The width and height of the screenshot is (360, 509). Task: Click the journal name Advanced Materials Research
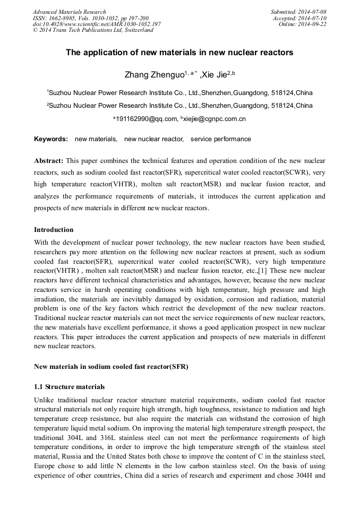70,12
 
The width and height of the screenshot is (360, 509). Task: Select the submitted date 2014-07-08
312,12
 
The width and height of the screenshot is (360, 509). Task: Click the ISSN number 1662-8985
61,18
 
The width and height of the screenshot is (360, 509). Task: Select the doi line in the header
97,24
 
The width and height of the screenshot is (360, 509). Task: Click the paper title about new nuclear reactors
179,53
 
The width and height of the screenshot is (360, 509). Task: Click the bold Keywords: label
51,139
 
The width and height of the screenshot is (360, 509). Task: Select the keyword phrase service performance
221,139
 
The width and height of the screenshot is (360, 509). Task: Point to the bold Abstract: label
49,160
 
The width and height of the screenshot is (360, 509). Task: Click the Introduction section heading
54,230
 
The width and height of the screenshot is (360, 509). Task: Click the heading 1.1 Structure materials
69,387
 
